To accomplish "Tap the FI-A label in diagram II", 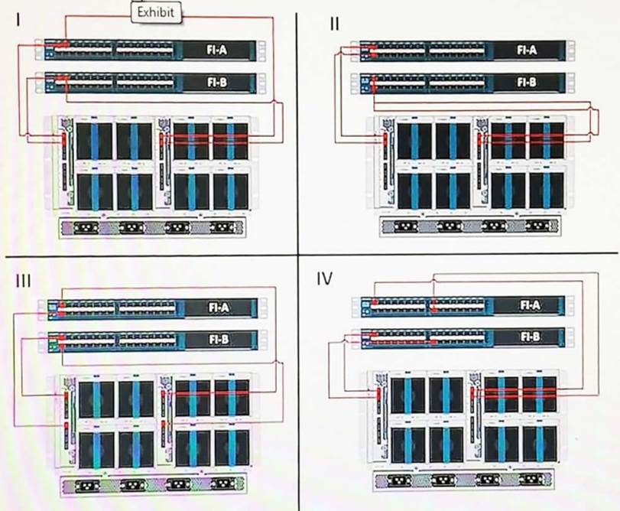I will point(526,50).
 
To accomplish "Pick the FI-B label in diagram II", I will point(526,81).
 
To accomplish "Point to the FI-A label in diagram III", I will point(219,308).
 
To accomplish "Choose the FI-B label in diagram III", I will point(219,340).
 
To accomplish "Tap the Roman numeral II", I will point(334,23).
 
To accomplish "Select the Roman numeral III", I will point(24,280).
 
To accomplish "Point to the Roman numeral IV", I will point(325,278).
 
